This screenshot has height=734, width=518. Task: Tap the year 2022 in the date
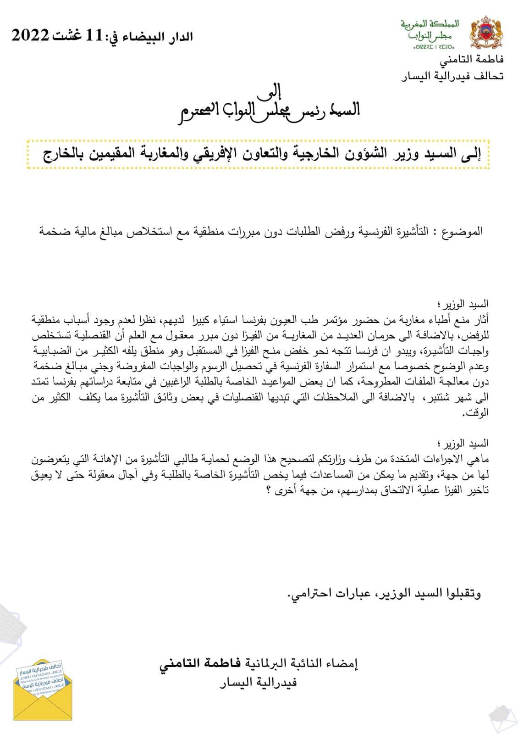point(30,36)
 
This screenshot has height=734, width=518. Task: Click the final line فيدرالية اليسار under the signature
point(258,682)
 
